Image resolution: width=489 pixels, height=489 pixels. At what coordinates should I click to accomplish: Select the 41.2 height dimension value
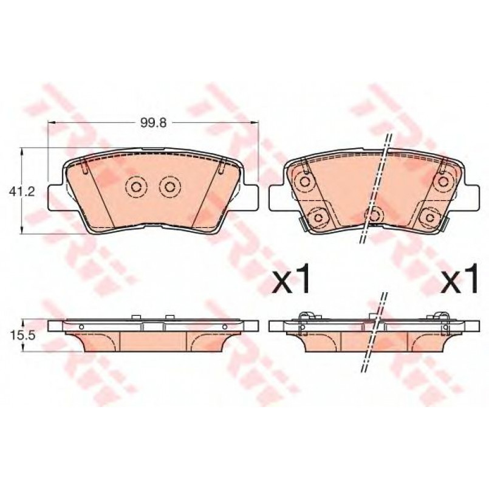(22, 191)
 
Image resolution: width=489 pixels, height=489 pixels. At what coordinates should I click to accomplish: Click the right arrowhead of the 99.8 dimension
(255, 122)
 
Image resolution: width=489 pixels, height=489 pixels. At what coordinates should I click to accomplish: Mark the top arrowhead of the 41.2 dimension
(22, 152)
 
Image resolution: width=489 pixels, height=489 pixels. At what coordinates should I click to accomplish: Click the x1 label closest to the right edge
(459, 278)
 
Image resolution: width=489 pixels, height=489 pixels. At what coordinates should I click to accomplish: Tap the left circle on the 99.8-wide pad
(135, 187)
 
